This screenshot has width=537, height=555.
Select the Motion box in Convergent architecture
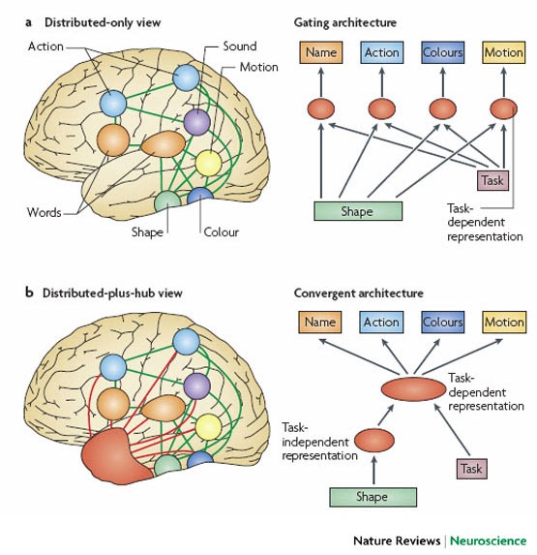(503, 322)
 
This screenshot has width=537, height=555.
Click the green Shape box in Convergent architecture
(373, 497)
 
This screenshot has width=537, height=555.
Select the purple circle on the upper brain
(196, 122)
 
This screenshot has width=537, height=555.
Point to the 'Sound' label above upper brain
(239, 46)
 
